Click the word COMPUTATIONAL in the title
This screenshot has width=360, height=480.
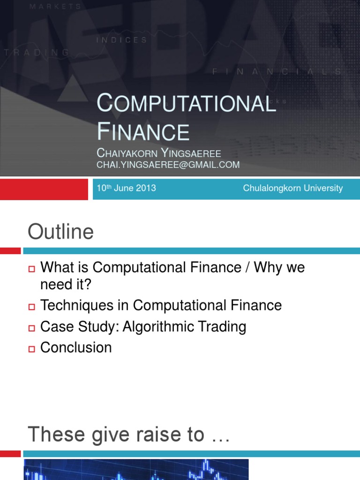(x=186, y=103)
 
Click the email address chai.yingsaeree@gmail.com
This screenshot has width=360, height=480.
(x=168, y=165)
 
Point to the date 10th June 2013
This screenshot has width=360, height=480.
(x=126, y=188)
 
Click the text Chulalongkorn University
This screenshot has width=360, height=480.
(x=292, y=188)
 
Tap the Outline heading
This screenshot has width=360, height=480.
(x=60, y=232)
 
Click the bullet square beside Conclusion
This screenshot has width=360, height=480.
(x=32, y=348)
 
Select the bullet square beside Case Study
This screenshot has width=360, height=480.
(x=32, y=328)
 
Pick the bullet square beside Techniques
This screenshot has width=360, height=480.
(x=32, y=307)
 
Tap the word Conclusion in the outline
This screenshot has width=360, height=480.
(x=76, y=347)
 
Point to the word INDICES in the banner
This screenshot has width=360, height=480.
(x=121, y=40)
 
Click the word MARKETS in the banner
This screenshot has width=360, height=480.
(x=55, y=7)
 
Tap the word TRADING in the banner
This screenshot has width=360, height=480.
(x=37, y=52)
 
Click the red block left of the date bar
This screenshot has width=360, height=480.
(x=44, y=188)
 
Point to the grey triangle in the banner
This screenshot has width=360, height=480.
(x=73, y=89)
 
